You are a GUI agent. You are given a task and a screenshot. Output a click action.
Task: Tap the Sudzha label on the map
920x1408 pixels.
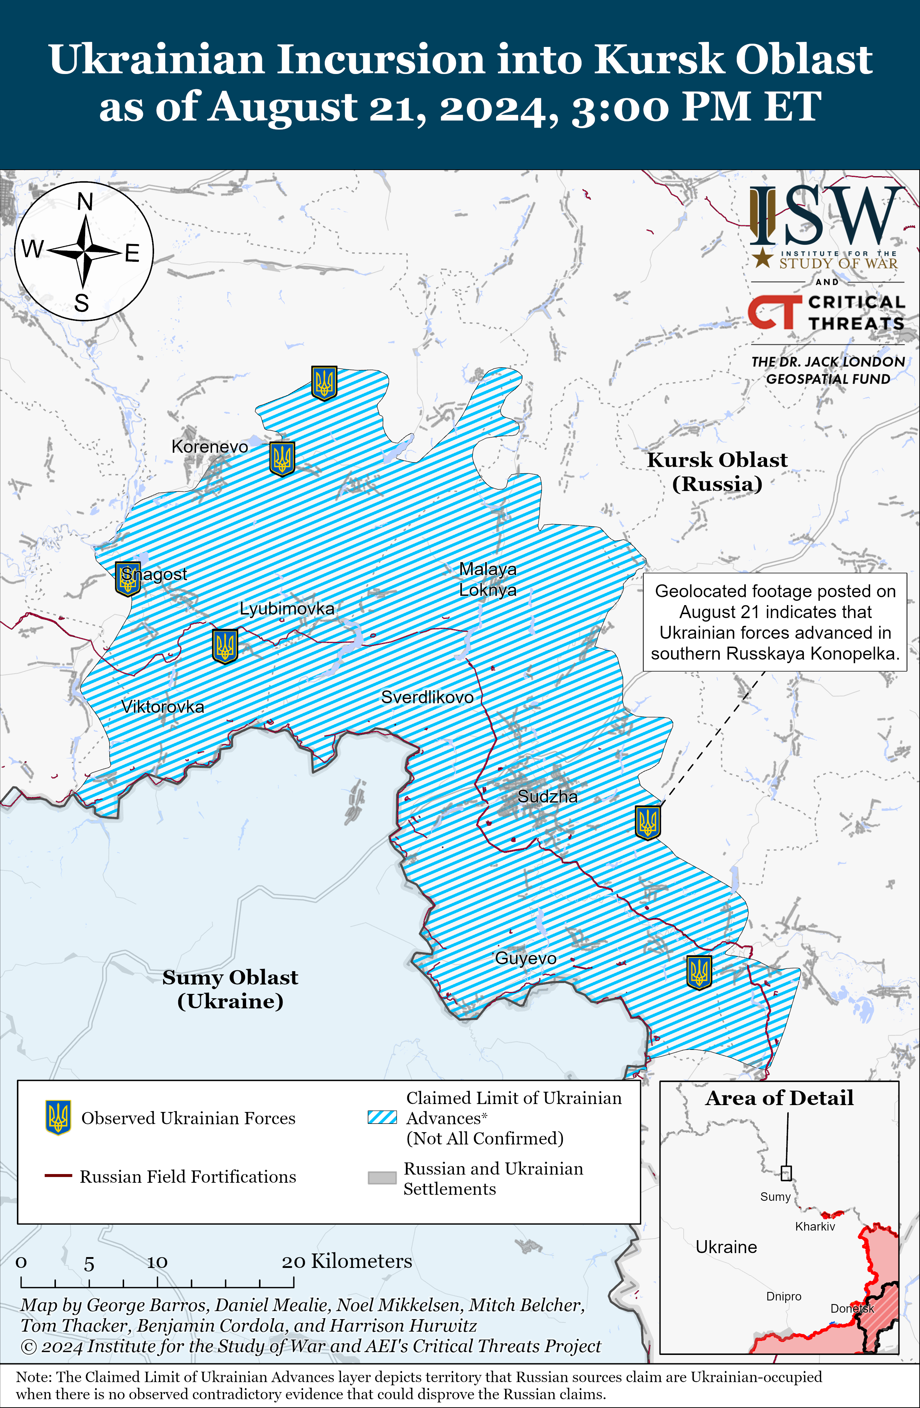[548, 796]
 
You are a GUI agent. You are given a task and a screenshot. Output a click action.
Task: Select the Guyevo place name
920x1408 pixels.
[526, 959]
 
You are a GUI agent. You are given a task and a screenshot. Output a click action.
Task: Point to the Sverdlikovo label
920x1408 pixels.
[427, 698]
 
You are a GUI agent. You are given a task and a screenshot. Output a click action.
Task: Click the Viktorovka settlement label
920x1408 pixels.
[163, 707]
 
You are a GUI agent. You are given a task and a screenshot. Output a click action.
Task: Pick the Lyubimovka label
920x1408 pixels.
[287, 609]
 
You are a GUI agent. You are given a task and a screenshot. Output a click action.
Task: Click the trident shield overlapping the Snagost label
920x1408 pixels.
[127, 579]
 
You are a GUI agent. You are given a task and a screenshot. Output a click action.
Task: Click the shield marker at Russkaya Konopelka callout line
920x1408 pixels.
[648, 822]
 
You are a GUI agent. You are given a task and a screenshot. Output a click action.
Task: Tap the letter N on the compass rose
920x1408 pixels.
[85, 202]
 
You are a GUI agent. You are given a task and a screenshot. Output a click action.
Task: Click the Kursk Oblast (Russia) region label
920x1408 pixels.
[717, 472]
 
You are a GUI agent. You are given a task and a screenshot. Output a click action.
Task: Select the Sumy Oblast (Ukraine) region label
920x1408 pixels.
[230, 989]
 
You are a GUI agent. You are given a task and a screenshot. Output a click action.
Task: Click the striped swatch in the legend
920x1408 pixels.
[382, 1117]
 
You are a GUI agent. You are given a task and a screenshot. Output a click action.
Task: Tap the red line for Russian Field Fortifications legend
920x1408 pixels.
[58, 1176]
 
